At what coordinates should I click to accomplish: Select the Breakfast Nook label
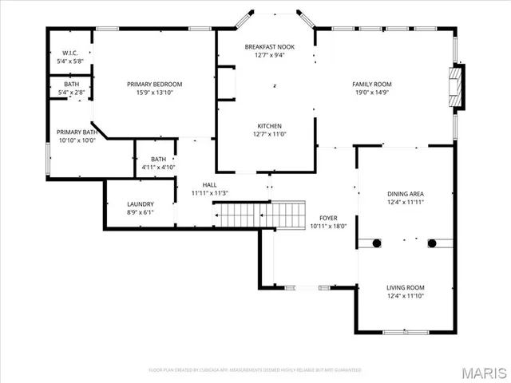(269, 47)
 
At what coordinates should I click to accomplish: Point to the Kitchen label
(269, 126)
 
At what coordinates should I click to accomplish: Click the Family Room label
(372, 84)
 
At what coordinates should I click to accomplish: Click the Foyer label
(329, 217)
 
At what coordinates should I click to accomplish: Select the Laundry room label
(141, 204)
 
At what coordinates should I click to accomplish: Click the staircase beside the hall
(259, 214)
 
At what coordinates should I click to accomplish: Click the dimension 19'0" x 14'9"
(372, 93)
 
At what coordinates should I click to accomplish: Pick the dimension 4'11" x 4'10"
(158, 167)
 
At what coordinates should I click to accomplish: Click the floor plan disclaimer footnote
(255, 370)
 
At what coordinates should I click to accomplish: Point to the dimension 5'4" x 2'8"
(71, 93)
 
